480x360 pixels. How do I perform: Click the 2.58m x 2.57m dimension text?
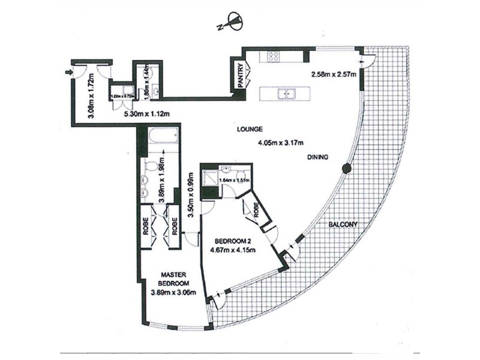tap(334, 75)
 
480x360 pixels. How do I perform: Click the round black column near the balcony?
tap(346, 169)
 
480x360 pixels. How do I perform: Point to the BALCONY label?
tap(343, 225)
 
